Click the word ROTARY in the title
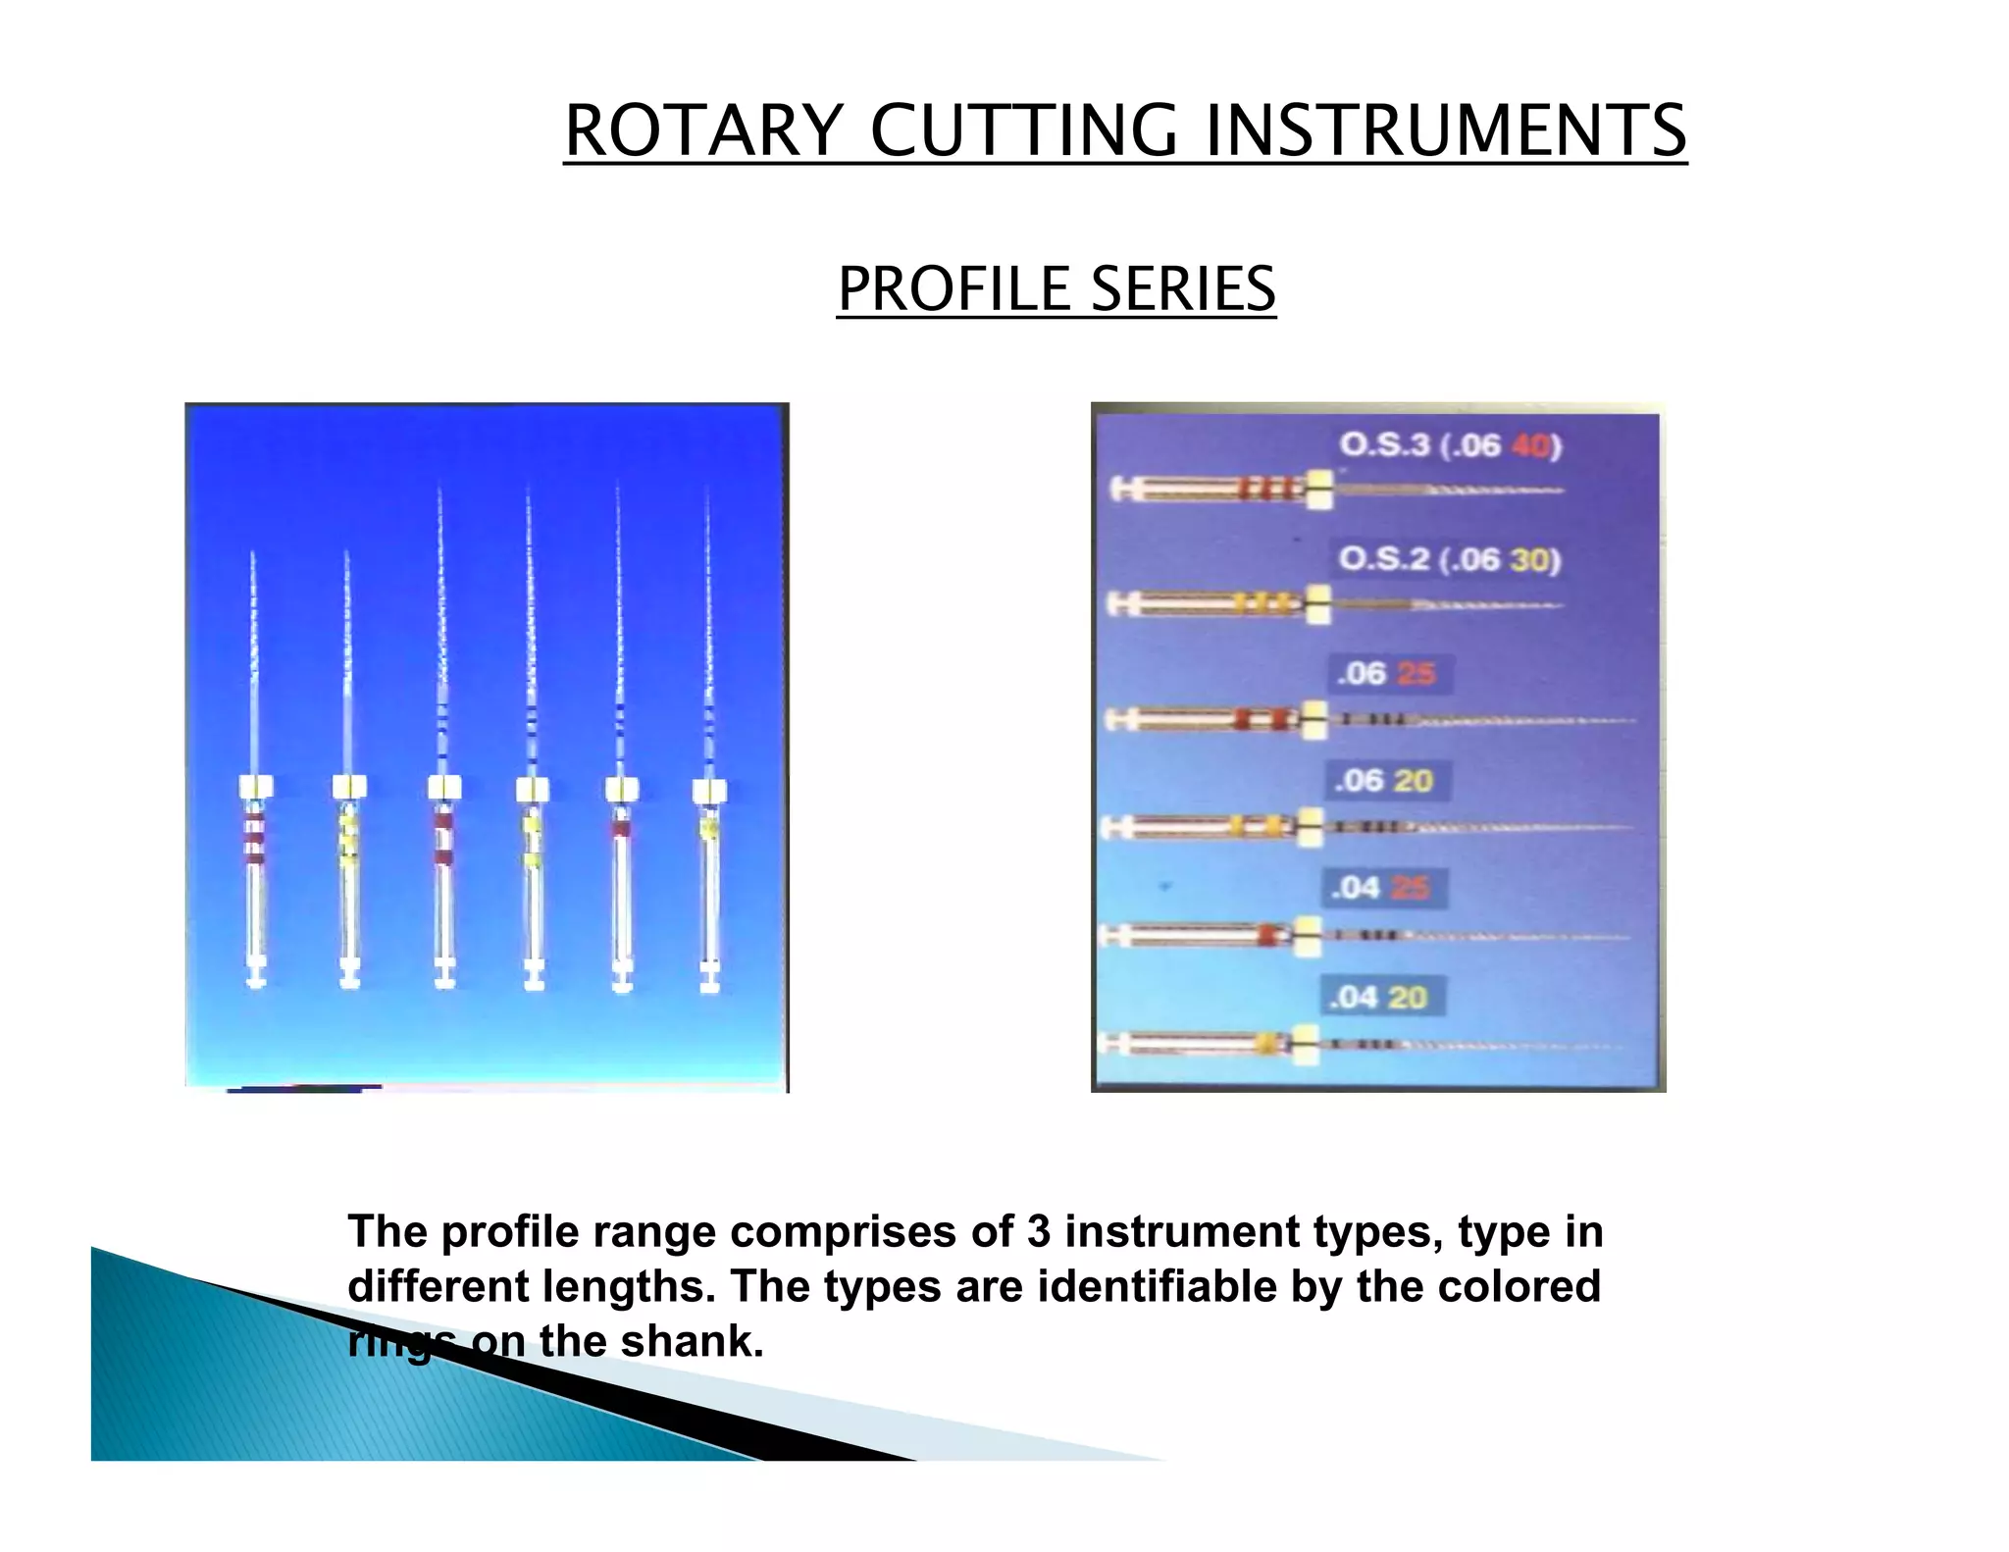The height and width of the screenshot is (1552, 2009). point(703,130)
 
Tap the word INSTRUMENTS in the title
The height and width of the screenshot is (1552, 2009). point(1445,130)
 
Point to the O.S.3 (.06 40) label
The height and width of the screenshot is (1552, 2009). point(1450,445)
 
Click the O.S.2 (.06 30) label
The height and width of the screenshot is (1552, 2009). point(1449,559)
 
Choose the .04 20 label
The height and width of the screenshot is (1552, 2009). point(1377,997)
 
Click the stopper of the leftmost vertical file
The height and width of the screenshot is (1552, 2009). point(255,787)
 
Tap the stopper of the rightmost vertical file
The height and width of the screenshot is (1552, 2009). point(709,791)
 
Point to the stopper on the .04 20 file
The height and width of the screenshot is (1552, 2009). point(1304,1044)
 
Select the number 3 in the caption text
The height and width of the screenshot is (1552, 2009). point(1039,1231)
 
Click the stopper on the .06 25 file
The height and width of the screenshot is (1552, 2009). point(1314,719)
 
